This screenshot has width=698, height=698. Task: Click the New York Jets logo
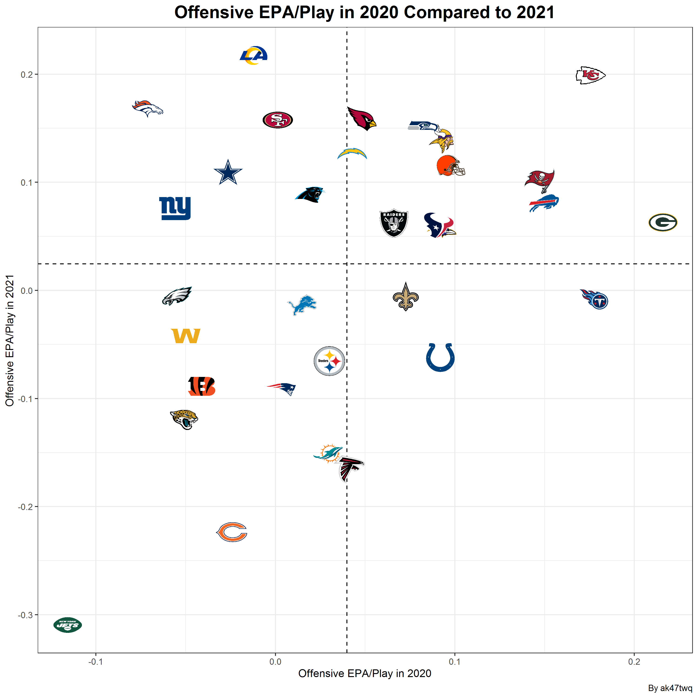coord(67,625)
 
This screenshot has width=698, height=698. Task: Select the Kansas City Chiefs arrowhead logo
coord(590,75)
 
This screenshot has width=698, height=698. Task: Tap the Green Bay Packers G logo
coord(663,222)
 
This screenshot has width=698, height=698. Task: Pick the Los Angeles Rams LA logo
coord(254,55)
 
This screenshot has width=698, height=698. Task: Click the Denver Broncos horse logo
coord(148,108)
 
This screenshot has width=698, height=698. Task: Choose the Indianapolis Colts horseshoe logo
coord(440,357)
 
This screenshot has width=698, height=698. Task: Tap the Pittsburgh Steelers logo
coord(329,361)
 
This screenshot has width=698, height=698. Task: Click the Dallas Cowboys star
coord(228,173)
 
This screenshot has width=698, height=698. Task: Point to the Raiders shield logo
coord(394,223)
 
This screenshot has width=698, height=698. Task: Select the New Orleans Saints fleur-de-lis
coord(406,297)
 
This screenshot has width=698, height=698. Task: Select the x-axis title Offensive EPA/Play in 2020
coord(365,673)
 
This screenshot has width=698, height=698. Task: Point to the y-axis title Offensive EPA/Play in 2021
coord(10,340)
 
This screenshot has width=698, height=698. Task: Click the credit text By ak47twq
coord(670,688)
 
